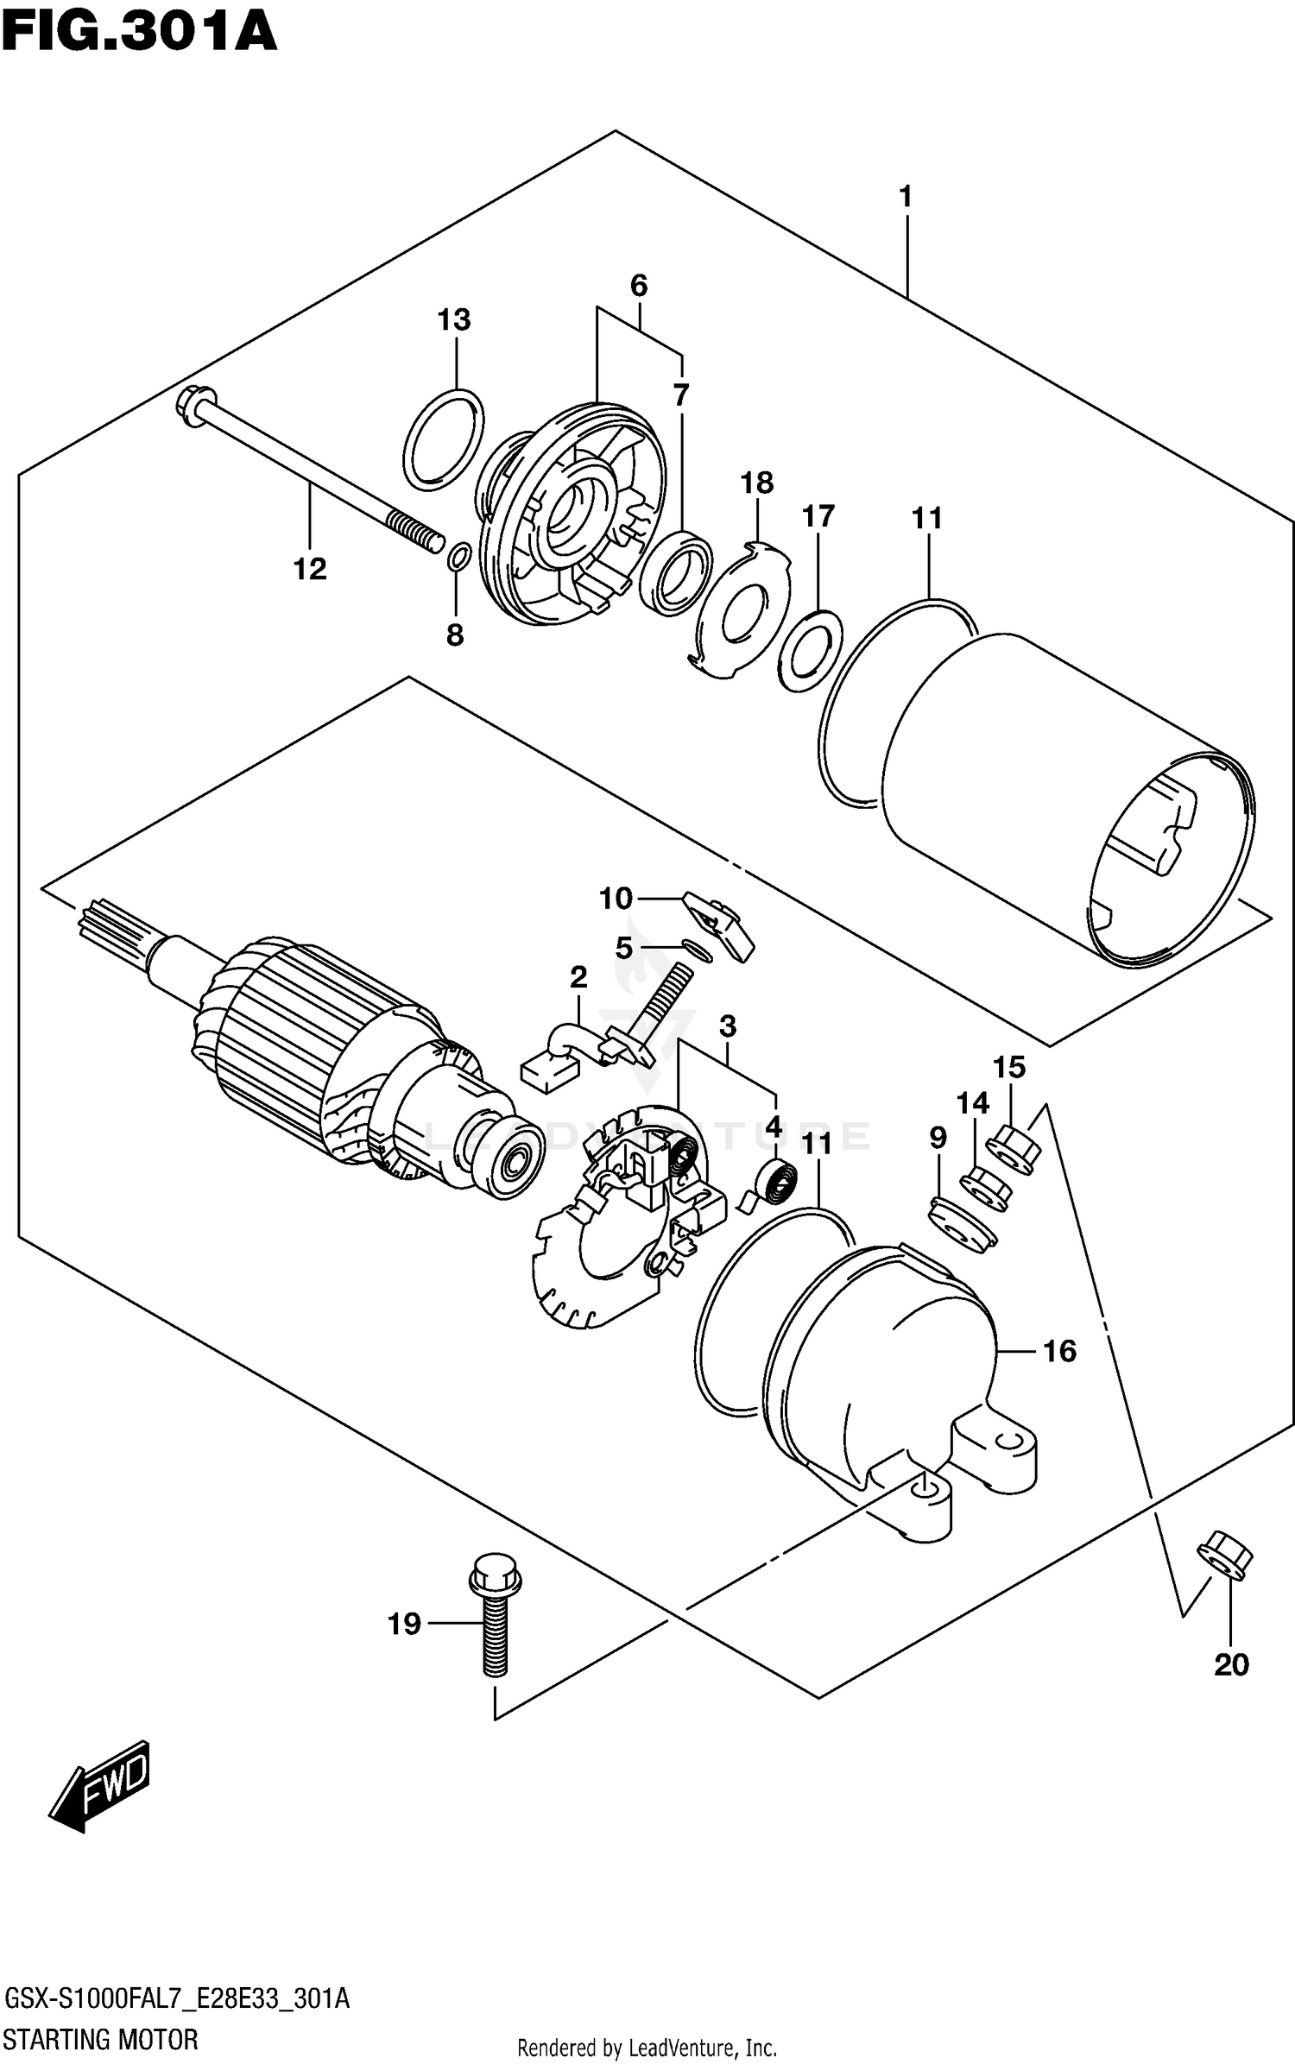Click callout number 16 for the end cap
tap(1059, 1350)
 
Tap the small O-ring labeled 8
tap(459, 557)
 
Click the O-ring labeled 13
tap(444, 439)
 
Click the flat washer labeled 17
tap(810, 650)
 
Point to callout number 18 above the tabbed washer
tap(757, 483)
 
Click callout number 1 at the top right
tap(906, 197)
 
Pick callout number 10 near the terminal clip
tap(616, 899)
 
